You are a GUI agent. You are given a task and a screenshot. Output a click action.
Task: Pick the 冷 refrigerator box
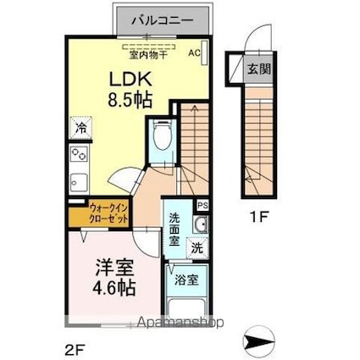coord(79,130)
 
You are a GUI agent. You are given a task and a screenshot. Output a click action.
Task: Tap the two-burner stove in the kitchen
coord(79,155)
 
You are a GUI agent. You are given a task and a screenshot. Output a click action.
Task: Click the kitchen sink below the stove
coord(78,182)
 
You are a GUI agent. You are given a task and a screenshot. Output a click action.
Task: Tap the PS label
coord(202,206)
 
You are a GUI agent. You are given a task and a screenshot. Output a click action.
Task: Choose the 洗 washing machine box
coord(196,249)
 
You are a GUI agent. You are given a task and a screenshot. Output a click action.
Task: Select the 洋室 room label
coord(114,265)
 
